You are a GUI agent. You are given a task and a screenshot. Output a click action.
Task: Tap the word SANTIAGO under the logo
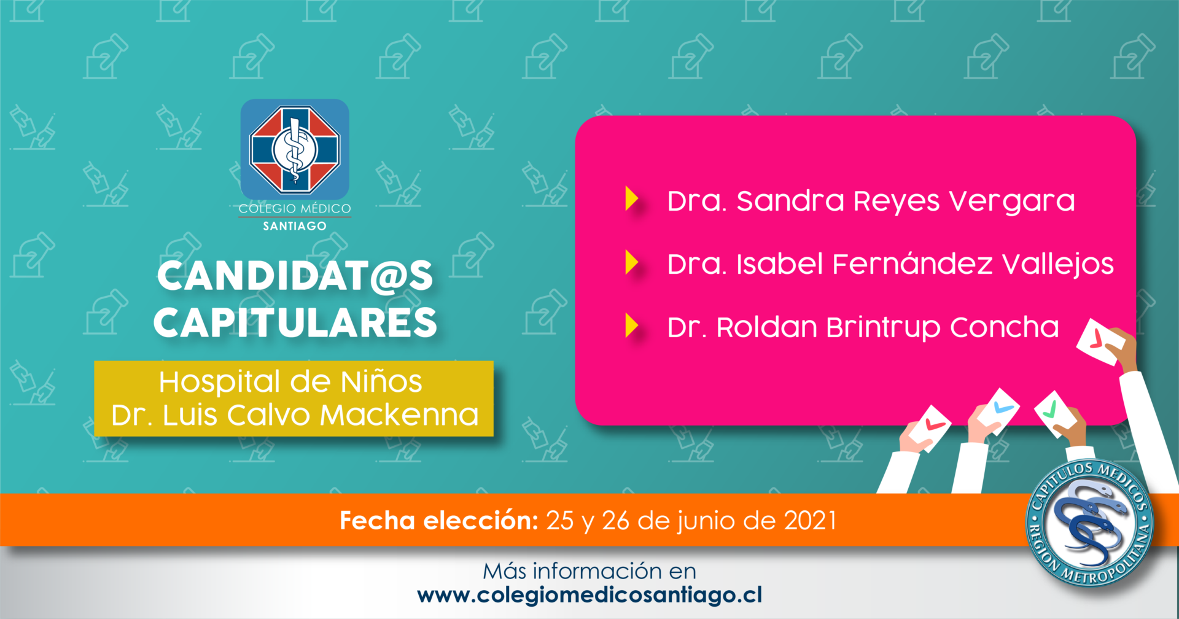click(295, 226)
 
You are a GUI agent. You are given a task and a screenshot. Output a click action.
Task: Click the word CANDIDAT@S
click(295, 276)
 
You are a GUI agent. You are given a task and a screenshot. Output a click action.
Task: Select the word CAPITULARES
click(295, 322)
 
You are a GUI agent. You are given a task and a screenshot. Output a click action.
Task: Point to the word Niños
click(381, 381)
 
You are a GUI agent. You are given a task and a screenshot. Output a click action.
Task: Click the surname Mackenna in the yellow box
click(400, 415)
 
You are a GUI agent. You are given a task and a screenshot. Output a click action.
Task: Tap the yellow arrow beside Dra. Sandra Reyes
click(632, 199)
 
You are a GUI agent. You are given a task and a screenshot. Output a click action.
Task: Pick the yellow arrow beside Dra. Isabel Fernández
click(632, 262)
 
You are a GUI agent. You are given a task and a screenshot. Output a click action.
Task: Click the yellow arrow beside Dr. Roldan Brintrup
click(632, 326)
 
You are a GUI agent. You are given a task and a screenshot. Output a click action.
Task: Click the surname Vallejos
click(1058, 265)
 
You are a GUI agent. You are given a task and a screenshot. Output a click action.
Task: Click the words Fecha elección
click(439, 521)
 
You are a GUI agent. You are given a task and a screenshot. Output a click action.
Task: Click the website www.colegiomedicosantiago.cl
click(589, 595)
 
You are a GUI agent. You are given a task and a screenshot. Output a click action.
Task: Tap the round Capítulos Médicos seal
click(1089, 523)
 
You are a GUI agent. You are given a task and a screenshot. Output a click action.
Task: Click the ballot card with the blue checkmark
click(999, 411)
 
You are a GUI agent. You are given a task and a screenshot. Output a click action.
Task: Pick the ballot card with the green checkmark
click(1054, 413)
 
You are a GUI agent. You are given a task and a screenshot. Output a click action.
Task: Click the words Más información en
click(589, 571)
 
